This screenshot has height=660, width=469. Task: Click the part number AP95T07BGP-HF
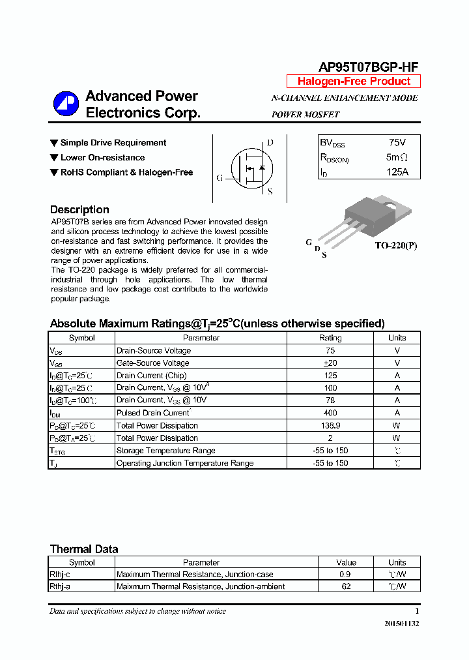click(x=368, y=67)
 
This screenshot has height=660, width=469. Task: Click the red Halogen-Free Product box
click(x=354, y=82)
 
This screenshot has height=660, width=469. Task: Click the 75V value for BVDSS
click(x=396, y=142)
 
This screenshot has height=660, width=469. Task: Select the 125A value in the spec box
click(x=396, y=172)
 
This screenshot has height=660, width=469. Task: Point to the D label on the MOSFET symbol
click(x=270, y=143)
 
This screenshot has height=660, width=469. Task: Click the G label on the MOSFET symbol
click(x=220, y=177)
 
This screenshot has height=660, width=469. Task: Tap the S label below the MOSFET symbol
click(x=270, y=192)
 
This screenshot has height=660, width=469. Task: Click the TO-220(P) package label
click(x=395, y=246)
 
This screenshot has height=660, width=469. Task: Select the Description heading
click(x=79, y=210)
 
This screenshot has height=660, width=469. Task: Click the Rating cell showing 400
click(x=330, y=413)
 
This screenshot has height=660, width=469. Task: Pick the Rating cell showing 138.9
click(x=330, y=425)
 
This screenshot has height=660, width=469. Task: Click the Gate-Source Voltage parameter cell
click(x=153, y=363)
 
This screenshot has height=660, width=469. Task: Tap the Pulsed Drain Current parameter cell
click(x=153, y=413)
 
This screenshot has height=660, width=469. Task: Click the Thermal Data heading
click(x=84, y=549)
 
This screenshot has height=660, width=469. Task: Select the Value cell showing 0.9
click(x=346, y=575)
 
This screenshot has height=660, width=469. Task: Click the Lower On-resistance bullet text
click(x=102, y=158)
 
